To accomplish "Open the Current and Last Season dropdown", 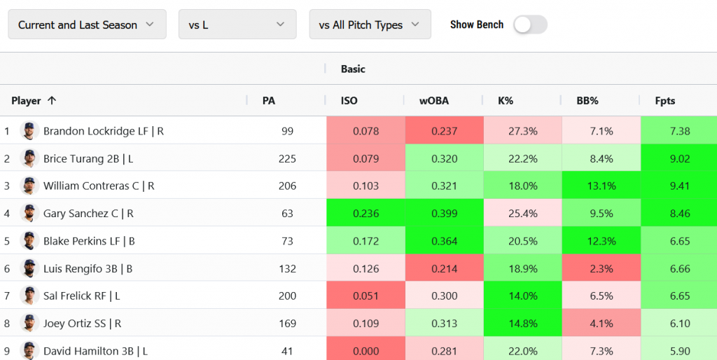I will coord(87,25).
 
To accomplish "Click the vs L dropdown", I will coord(237,25).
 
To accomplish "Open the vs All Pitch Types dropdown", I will coord(369,25).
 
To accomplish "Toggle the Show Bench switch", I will coord(530,25).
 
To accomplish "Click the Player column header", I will coord(27,101).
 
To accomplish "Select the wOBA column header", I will coord(433,101).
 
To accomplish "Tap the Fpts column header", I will coord(664,101).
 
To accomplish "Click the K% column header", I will coord(506,101).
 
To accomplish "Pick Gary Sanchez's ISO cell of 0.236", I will coord(366,214).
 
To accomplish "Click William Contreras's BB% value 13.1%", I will coord(601,186).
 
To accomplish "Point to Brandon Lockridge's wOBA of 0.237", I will coord(445,131).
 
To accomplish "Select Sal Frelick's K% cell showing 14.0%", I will coord(523,296).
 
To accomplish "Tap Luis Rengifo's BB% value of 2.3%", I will coord(601,269).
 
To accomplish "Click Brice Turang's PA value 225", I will coord(287,159).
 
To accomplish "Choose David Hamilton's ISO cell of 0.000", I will coord(366,351).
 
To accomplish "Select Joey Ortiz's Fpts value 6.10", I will coord(679,324).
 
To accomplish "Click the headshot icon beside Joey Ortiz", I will coord(29,324).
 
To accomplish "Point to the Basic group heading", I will coord(353,69).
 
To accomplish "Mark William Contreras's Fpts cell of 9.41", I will coord(679,186).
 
